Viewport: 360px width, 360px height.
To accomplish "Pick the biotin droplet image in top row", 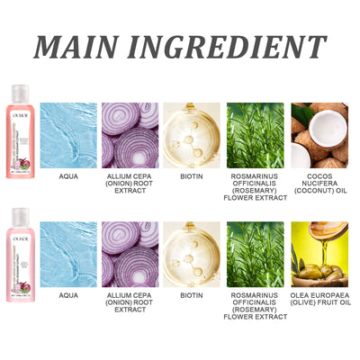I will [192, 135].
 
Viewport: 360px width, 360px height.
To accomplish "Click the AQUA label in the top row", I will [67, 176].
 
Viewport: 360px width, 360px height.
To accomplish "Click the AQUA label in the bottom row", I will [67, 294].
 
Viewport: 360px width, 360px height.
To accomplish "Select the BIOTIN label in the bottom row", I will [192, 294].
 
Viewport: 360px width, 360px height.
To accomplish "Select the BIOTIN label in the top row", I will [192, 176].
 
